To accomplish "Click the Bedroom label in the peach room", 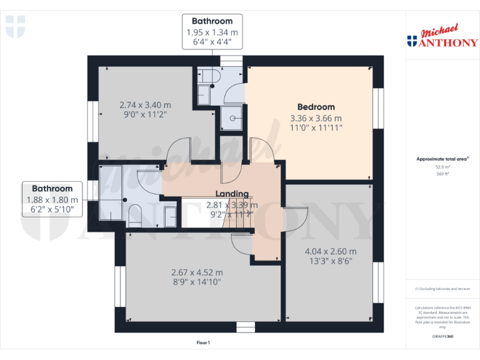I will point(316,107).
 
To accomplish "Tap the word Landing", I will point(232,194).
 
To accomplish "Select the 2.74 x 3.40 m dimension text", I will point(145,105).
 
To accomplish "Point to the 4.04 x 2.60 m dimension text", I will point(330,251).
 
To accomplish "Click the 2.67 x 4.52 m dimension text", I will point(197,272).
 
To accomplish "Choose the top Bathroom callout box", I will point(212,32).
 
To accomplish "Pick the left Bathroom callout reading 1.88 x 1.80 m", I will point(52,199).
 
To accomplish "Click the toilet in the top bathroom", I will point(209,76).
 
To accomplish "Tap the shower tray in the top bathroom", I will point(231,117).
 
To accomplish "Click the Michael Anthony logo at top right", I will point(442,37).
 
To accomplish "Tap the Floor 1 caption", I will point(203,342).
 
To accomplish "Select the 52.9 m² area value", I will point(442,167).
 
